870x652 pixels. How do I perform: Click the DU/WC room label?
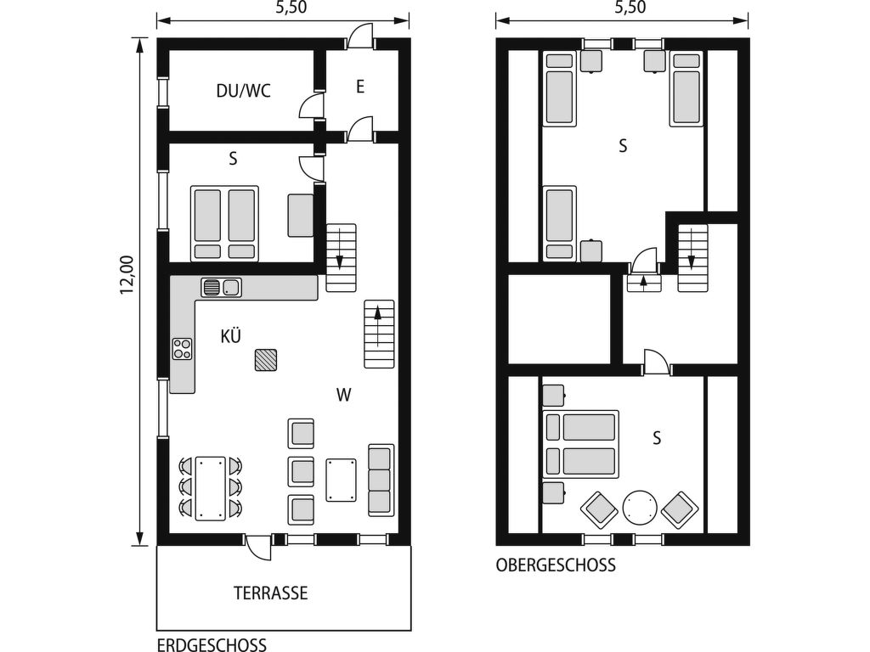coord(243,90)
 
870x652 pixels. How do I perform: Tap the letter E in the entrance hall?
coord(360,87)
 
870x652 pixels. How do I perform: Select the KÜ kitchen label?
coord(230,335)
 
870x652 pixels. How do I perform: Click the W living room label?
coord(343,395)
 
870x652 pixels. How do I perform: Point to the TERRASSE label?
coord(270,593)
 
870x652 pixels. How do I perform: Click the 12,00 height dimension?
coord(127,274)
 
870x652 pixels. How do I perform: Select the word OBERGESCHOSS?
coord(556,565)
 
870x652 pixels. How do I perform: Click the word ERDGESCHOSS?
coord(212,645)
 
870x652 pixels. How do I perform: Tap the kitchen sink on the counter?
coord(222,287)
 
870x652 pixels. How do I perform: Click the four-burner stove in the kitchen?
coord(182,349)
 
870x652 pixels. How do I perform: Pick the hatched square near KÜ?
coord(266,360)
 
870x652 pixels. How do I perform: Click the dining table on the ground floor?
coord(211,488)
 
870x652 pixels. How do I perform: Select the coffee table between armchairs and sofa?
coord(342,481)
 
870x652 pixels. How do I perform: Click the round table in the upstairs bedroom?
coord(640,508)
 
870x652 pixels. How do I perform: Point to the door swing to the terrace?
coord(257,548)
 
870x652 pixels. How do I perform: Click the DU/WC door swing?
coord(311,105)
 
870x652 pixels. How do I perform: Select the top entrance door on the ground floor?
coord(360,37)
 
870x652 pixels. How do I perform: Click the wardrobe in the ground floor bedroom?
coord(300,215)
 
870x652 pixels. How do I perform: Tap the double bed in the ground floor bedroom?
coord(224,223)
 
